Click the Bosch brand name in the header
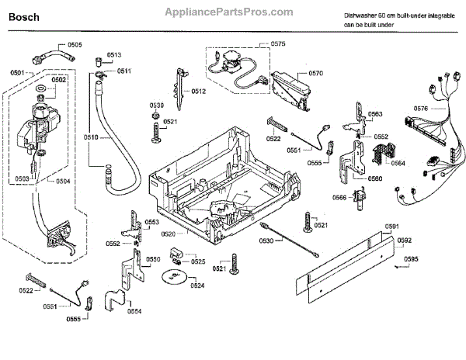tap(24, 17)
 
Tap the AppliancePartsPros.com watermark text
tap(229, 12)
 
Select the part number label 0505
tap(75, 45)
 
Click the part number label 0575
tap(278, 44)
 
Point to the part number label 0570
tap(315, 73)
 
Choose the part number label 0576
tap(421, 109)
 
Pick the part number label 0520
tap(169, 234)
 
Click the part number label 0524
tap(197, 286)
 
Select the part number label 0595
tap(411, 259)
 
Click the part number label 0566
tap(339, 198)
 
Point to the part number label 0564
tap(398, 163)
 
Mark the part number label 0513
tap(114, 55)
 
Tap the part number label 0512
tap(199, 92)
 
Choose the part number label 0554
tap(134, 311)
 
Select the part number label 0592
tap(404, 240)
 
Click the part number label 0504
tap(63, 182)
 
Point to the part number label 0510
tap(91, 137)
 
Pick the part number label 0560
tap(375, 178)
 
